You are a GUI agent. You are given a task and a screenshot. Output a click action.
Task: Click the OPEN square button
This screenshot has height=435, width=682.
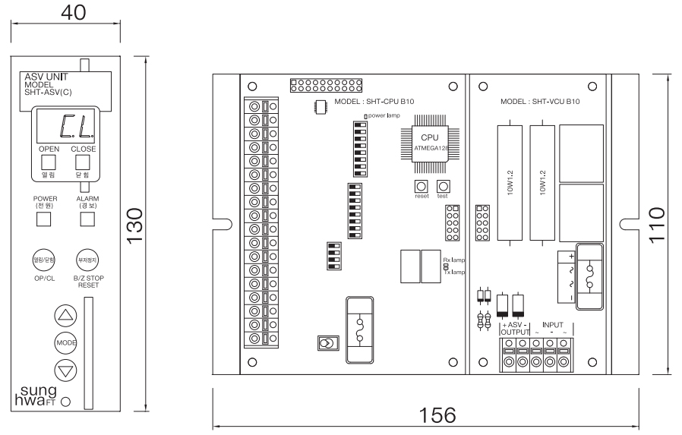click(49, 162)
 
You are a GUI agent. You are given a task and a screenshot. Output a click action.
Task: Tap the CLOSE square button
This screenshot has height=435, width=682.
click(83, 162)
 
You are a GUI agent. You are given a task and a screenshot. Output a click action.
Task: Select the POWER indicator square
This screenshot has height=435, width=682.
click(45, 219)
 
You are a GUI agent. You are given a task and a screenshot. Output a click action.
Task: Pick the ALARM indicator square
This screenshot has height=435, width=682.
click(87, 219)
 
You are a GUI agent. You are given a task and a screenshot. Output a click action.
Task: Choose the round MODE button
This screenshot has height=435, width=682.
click(66, 342)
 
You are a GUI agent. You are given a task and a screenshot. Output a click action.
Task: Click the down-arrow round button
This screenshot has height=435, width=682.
click(66, 370)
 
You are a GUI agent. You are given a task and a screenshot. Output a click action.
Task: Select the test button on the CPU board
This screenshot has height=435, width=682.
click(443, 186)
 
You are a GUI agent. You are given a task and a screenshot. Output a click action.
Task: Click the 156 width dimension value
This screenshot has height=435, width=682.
click(438, 415)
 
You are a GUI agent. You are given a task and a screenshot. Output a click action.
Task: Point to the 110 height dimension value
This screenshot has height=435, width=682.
click(658, 225)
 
